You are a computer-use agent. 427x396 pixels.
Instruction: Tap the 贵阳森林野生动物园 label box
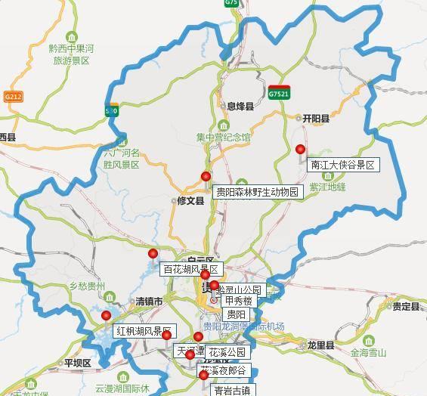pos(258,192)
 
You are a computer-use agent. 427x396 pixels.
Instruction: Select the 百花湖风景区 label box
pos(190,269)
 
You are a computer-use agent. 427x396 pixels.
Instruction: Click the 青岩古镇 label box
pos(232,391)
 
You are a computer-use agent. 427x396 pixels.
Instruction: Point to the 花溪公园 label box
pos(227,352)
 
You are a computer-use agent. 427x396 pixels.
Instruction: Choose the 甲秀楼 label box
pos(239,301)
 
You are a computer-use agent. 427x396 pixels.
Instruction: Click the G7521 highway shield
pos(278,94)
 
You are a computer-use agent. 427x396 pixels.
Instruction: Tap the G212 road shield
pos(13,97)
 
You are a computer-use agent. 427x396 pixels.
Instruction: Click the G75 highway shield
pos(231,3)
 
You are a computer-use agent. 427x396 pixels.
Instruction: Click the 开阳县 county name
pos(316,119)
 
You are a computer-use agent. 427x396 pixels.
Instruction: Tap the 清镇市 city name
pos(149,302)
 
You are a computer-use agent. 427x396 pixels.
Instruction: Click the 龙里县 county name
pos(320,345)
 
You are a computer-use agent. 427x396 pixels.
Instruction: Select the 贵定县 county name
pos(405,306)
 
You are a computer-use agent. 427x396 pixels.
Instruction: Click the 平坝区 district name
pos(77,363)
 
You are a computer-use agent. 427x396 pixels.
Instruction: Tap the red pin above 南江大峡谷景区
pos(301,149)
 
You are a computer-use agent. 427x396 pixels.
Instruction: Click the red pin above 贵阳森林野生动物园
pos(206,176)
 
